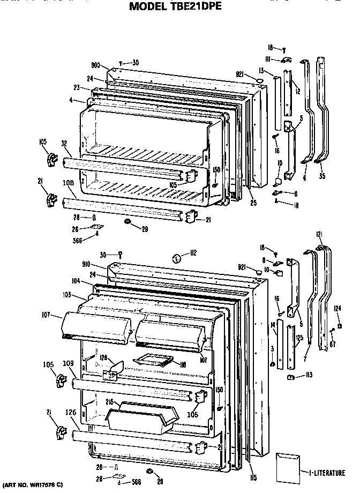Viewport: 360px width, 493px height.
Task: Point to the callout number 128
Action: point(103,357)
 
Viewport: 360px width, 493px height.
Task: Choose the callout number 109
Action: point(68,363)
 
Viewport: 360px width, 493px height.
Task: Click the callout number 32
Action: point(64,144)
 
